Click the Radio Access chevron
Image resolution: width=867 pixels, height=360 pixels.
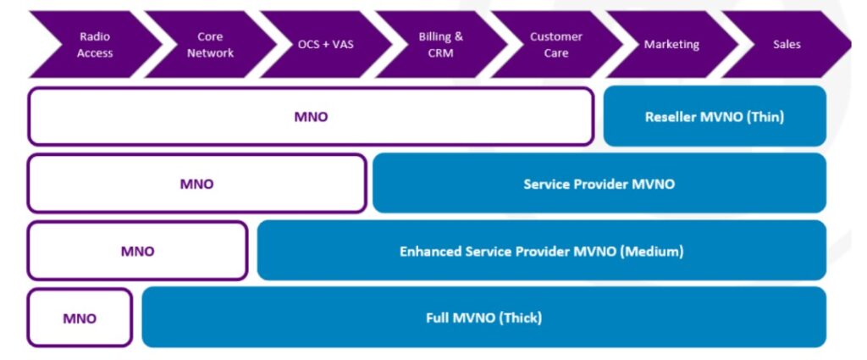95,45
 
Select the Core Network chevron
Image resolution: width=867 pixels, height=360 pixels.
210,45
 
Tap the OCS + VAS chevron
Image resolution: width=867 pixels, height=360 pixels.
326,45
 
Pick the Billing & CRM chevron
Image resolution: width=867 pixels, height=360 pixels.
440,45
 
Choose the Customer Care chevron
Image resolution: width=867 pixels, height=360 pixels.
556,45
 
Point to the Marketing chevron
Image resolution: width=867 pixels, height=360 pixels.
671,45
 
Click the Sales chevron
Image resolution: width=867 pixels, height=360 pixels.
787,45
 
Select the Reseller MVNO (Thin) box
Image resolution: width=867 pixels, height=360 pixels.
715,117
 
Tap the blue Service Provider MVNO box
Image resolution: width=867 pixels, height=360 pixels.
599,184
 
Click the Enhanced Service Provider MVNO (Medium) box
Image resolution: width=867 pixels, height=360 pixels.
542,251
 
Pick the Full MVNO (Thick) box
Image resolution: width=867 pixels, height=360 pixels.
484,318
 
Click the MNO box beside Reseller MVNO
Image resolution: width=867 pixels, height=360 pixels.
311,117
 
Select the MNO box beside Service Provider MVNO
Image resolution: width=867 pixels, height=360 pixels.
196,184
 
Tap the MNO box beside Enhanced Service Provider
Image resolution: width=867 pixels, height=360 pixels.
138,251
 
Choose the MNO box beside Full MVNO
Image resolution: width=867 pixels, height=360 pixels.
80,318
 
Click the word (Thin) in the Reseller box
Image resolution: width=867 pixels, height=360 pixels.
765,117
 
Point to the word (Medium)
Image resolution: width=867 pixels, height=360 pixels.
651,252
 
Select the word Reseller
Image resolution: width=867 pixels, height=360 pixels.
671,117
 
